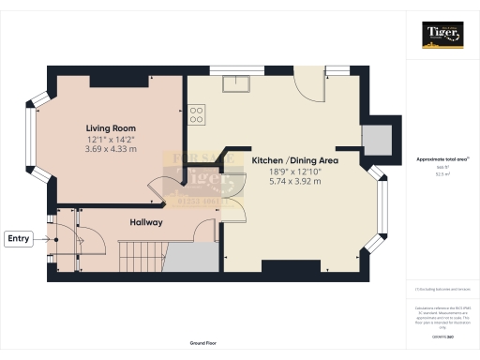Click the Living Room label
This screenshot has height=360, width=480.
[111, 127]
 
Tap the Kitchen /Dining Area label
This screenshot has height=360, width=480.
[294, 160]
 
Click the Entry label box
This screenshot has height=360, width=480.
[19, 239]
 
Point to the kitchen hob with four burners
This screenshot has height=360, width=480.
[198, 114]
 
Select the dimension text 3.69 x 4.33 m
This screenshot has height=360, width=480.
[111, 149]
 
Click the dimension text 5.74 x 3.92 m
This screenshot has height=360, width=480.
[294, 182]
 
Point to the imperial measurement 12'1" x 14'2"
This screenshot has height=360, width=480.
[111, 139]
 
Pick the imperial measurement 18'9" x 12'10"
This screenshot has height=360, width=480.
[294, 172]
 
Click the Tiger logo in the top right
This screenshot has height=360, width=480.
[441, 37]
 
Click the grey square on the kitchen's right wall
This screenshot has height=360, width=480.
[380, 139]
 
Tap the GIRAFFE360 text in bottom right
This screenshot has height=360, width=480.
[441, 335]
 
